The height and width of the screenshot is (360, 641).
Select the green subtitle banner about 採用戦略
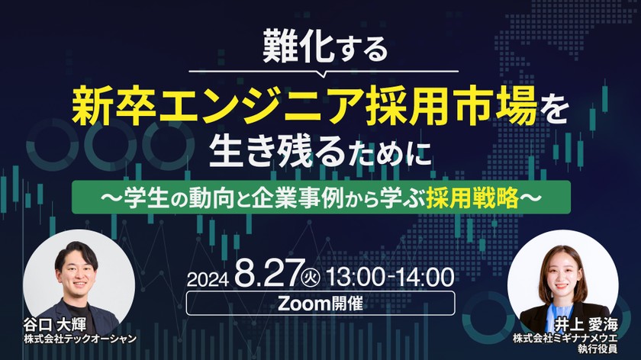point(320,196)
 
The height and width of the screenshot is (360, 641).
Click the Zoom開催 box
point(320,302)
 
